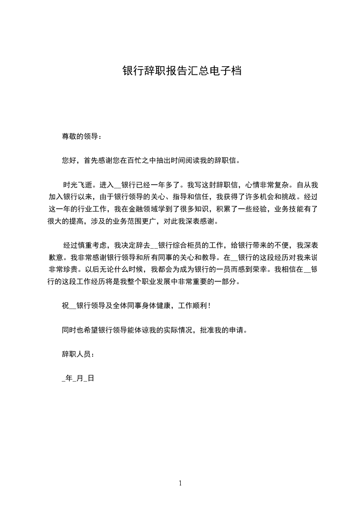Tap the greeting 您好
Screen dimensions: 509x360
[x=69, y=160]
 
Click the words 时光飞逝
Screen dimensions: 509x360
[x=78, y=185]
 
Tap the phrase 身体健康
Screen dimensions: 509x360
[x=157, y=306]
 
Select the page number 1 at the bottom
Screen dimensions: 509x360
[x=180, y=483]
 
